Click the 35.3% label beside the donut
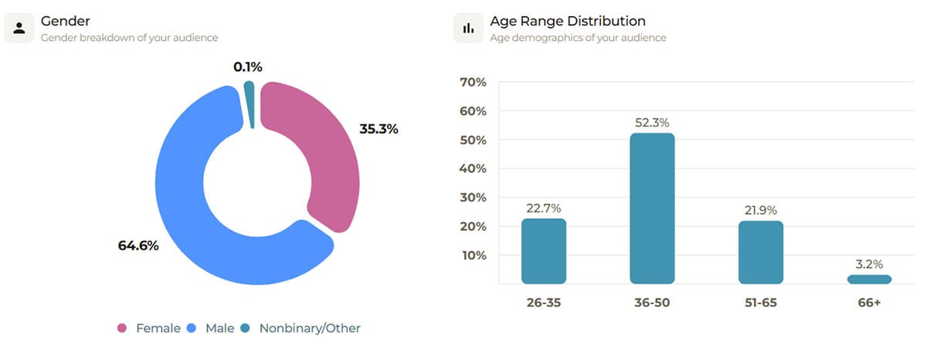pyautogui.click(x=379, y=129)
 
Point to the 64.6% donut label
pyautogui.click(x=138, y=246)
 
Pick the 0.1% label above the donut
pyautogui.click(x=248, y=67)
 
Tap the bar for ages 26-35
pyautogui.click(x=544, y=251)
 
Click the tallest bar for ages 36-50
pyautogui.click(x=652, y=209)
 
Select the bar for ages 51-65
pyautogui.click(x=761, y=253)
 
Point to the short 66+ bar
pyautogui.click(x=869, y=279)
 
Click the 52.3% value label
pyautogui.click(x=652, y=123)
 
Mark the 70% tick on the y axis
pyautogui.click(x=472, y=83)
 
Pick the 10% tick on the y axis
pyautogui.click(x=472, y=256)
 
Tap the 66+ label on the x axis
pyautogui.click(x=869, y=303)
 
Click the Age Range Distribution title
pyautogui.click(x=568, y=21)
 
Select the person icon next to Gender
pyautogui.click(x=19, y=28)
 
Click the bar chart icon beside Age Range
pyautogui.click(x=468, y=28)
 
